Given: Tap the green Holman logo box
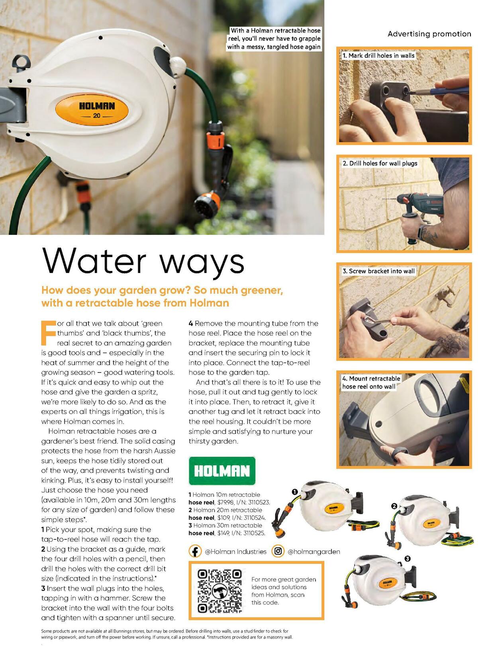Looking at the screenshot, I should pos(222,470).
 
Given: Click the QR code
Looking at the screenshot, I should pos(220,591).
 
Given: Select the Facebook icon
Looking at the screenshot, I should pos(195,551).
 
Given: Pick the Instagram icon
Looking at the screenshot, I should pos(278,551).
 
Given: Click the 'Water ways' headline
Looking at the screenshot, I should pos(143,262).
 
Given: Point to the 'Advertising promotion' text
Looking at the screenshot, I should pos(429,34).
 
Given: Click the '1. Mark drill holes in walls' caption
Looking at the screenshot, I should pos(378,56).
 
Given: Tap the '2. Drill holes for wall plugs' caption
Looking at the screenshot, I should pos(380,163).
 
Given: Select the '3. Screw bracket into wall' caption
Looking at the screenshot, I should pos(378,271).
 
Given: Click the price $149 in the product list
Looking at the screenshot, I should pos(223,533).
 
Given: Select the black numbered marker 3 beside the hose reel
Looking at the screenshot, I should pos(407,558).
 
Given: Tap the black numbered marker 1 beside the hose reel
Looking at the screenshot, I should pos(295,492).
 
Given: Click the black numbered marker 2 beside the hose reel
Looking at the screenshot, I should pos(394,506).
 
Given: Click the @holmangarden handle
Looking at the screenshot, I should pos(314,552).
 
